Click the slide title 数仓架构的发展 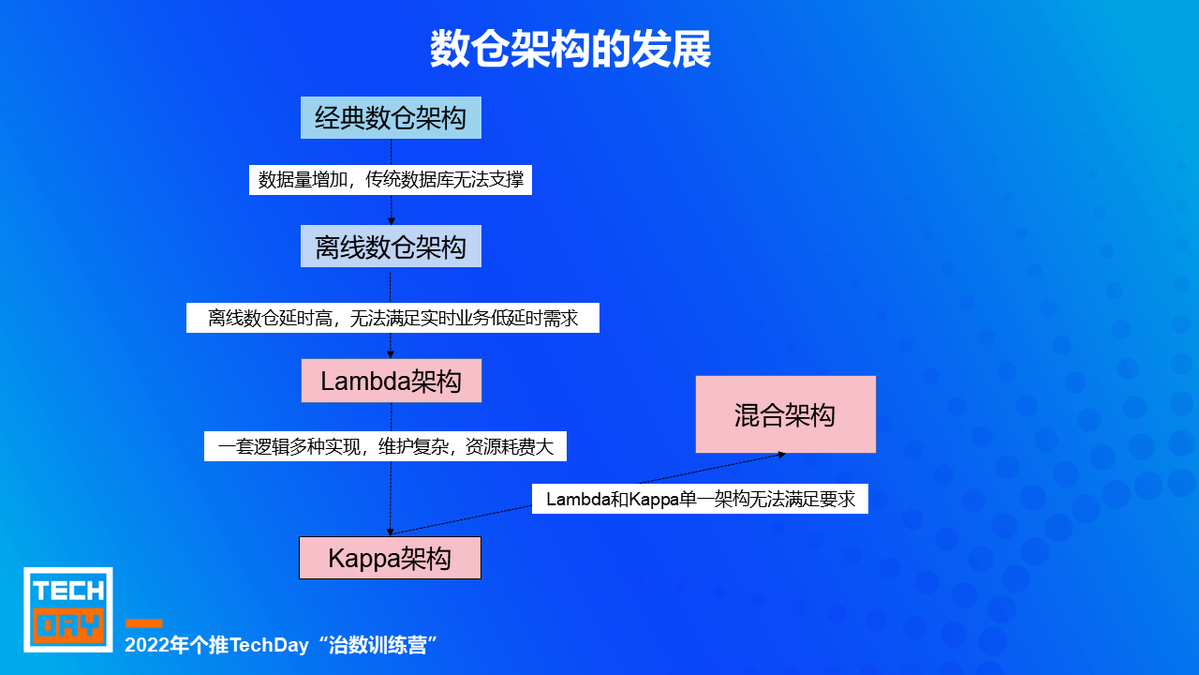(x=570, y=49)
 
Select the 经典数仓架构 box (x=391, y=118)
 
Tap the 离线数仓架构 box (x=391, y=247)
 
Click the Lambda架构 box (x=392, y=381)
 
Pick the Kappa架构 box (x=391, y=558)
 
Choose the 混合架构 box (x=786, y=414)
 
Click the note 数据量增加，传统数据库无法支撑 (x=391, y=180)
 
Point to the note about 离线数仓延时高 (x=392, y=318)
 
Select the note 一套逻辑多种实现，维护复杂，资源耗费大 (x=385, y=446)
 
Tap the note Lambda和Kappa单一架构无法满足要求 (x=700, y=499)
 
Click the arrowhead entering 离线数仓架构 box (x=392, y=221)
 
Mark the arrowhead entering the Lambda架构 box (x=391, y=354)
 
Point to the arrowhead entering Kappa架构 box (x=391, y=532)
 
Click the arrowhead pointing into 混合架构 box (x=782, y=455)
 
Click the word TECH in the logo (x=68, y=592)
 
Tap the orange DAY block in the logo (x=68, y=625)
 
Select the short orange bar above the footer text (x=144, y=623)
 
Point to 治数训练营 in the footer (x=377, y=645)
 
